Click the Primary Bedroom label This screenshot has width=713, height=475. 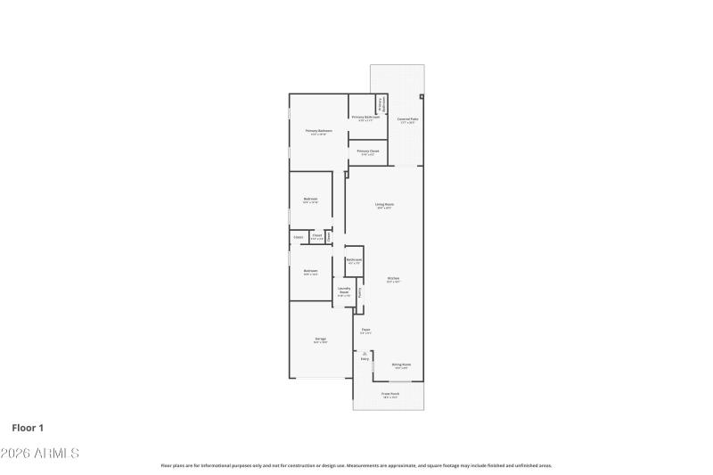(x=317, y=131)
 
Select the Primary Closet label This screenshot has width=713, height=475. (x=368, y=152)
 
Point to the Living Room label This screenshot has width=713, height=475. (x=384, y=204)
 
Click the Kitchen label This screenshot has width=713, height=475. (x=393, y=278)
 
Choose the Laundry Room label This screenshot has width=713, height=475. (x=343, y=290)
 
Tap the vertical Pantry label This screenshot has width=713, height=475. (x=360, y=291)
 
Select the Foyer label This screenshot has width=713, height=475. (x=365, y=330)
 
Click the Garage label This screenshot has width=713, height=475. (x=320, y=339)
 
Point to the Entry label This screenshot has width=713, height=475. (x=365, y=359)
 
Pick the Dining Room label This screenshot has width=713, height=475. (x=402, y=364)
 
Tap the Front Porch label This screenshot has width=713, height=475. (x=390, y=393)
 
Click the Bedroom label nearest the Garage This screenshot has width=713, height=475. (x=310, y=271)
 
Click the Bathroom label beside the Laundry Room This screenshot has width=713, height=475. (x=353, y=259)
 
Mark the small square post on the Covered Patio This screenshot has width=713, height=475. (x=422, y=96)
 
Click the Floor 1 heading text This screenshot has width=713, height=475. (x=28, y=428)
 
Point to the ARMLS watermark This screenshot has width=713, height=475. (x=40, y=453)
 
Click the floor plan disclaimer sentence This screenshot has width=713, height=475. (x=356, y=465)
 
